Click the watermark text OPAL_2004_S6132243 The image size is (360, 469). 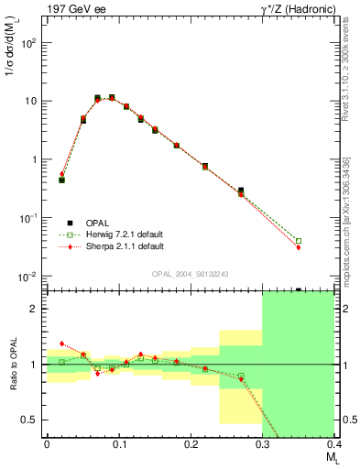pos(191,275)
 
